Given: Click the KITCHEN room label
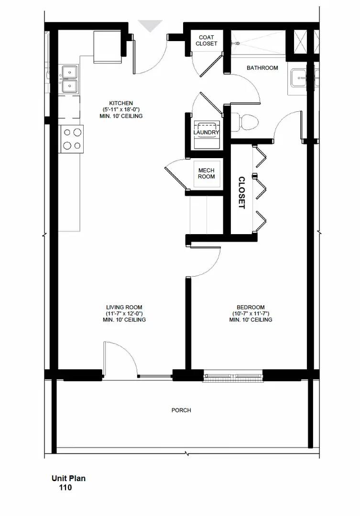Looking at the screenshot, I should [x=121, y=103].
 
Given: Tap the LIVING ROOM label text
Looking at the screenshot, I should [x=124, y=307].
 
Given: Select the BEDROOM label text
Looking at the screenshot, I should [x=250, y=307].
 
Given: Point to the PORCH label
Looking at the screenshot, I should [x=181, y=410].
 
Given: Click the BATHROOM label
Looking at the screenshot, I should [x=262, y=68].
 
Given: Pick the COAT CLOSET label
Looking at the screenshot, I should [x=206, y=41].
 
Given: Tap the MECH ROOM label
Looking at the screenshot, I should [x=207, y=173].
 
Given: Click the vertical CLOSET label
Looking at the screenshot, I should [x=241, y=193].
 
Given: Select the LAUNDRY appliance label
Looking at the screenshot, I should [x=207, y=132].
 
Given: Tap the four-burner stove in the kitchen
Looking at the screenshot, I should [x=71, y=139].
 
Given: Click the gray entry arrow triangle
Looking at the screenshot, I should [x=150, y=25].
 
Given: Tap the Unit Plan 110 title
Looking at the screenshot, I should [x=68, y=483].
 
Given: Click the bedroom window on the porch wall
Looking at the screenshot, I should [x=234, y=377].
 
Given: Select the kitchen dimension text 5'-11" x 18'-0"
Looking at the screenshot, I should [x=121, y=110].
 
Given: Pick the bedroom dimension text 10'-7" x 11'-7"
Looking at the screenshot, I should [x=250, y=313].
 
